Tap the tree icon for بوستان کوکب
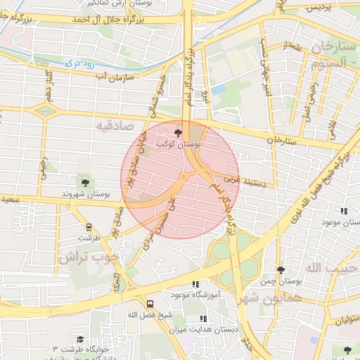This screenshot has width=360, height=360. coord(177,131)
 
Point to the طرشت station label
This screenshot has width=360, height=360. coord(89,238)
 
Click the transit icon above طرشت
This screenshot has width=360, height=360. coord(89,227)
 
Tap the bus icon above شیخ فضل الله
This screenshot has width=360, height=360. coord(150,304)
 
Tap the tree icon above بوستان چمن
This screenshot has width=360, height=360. coord(281,270)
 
